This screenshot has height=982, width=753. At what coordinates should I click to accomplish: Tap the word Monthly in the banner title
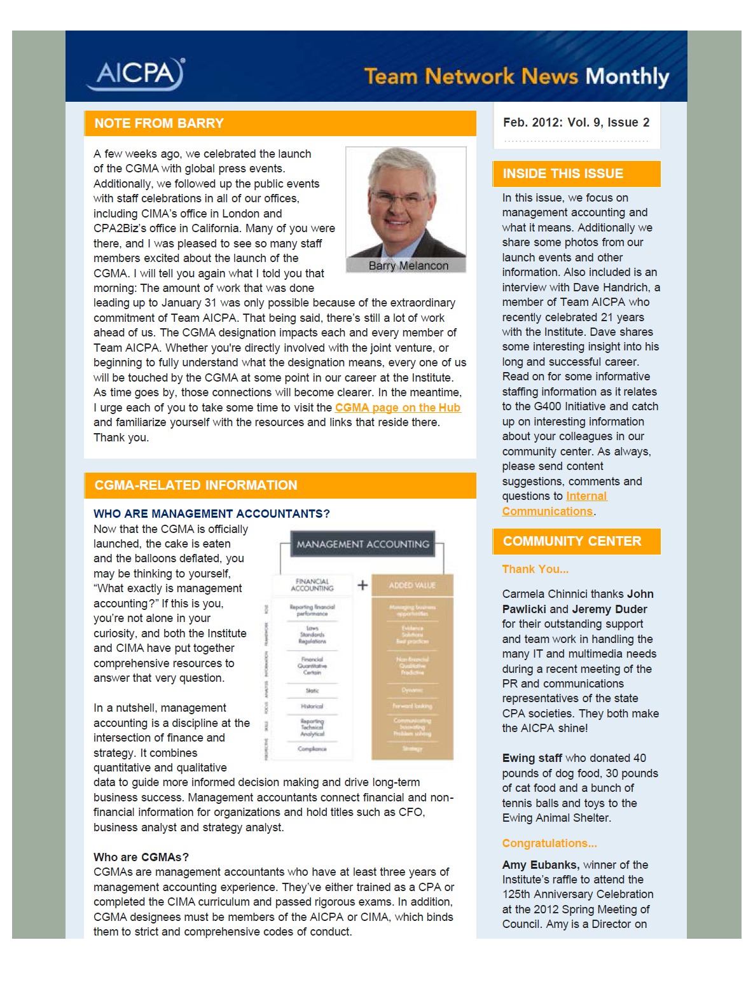627,77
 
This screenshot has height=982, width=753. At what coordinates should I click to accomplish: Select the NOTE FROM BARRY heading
159,123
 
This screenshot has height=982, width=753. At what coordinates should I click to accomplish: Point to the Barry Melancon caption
408,266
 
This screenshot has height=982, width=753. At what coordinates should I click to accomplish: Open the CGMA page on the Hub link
397,408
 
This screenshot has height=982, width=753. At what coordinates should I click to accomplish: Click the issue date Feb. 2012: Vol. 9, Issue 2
576,122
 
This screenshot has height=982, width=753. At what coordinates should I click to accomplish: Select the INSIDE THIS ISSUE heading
563,174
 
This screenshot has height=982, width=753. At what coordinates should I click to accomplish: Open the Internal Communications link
554,504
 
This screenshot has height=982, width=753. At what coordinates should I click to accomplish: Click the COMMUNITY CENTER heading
572,541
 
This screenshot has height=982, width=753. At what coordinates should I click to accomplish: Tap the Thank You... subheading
535,569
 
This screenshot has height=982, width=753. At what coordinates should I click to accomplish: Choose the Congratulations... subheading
549,843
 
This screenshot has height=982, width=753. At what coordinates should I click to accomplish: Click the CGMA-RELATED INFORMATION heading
196,485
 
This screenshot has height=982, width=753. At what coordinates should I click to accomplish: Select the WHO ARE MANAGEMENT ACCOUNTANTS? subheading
212,514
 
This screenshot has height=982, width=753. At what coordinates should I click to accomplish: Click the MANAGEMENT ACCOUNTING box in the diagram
363,544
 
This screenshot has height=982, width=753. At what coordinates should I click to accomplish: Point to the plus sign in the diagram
363,585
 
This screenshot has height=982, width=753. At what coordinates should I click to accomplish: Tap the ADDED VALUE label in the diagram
412,585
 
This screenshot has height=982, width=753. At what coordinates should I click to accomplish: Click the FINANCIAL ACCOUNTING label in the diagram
312,585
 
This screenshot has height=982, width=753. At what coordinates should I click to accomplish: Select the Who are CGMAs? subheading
141,857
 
